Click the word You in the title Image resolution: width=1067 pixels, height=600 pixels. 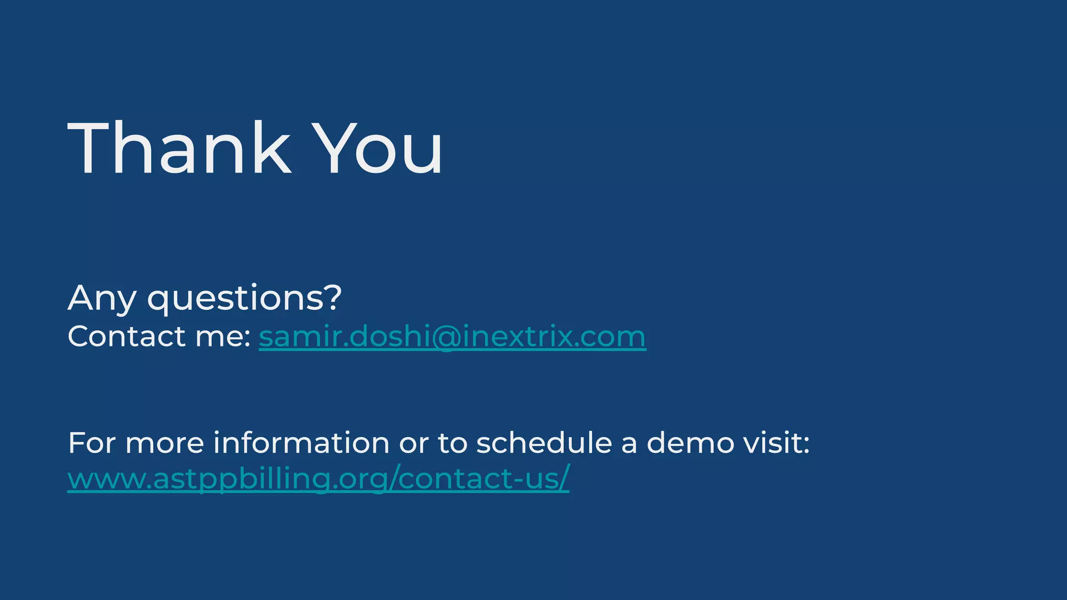point(380,148)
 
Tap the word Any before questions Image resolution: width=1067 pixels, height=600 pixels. point(102,298)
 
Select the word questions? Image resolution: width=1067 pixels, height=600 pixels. point(244,298)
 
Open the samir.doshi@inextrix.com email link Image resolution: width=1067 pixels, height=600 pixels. point(452,336)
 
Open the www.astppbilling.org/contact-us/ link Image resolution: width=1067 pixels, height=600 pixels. point(318,478)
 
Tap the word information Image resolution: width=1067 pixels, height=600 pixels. point(301,443)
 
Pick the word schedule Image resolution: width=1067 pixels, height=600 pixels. point(544,443)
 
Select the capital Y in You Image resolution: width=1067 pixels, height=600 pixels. point(337,148)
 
